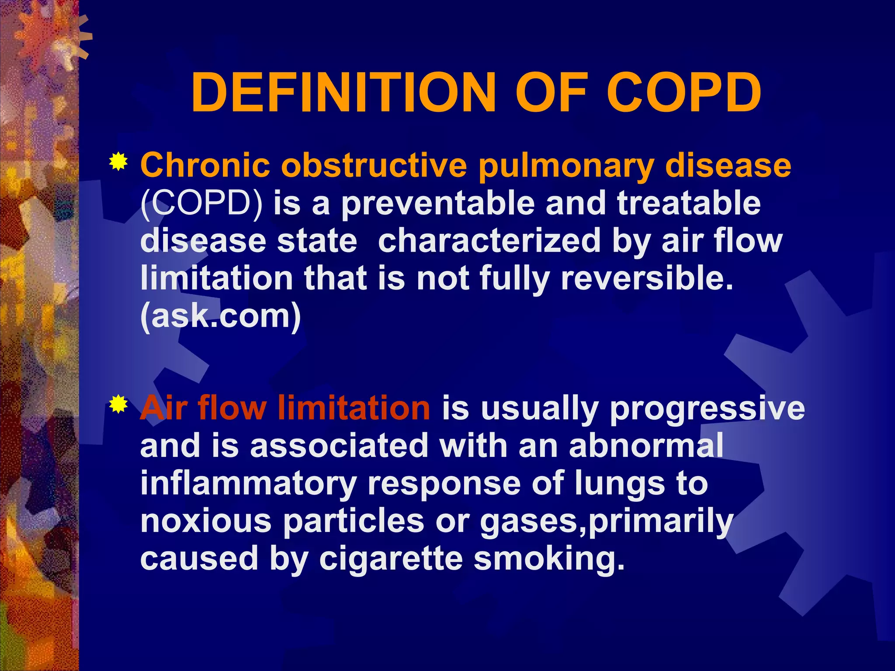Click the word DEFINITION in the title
pyautogui.click(x=343, y=93)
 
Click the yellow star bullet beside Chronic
pyautogui.click(x=118, y=163)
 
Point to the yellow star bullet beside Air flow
pyautogui.click(x=118, y=405)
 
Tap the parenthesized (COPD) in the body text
pyautogui.click(x=201, y=204)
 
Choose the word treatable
pyautogui.click(x=689, y=204)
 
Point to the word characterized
pyautogui.click(x=489, y=241)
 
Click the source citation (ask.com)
pyautogui.click(x=221, y=316)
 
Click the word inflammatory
pyautogui.click(x=248, y=484)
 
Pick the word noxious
pyautogui.click(x=206, y=521)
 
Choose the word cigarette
pyautogui.click(x=391, y=560)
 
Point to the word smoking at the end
pyautogui.click(x=549, y=560)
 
